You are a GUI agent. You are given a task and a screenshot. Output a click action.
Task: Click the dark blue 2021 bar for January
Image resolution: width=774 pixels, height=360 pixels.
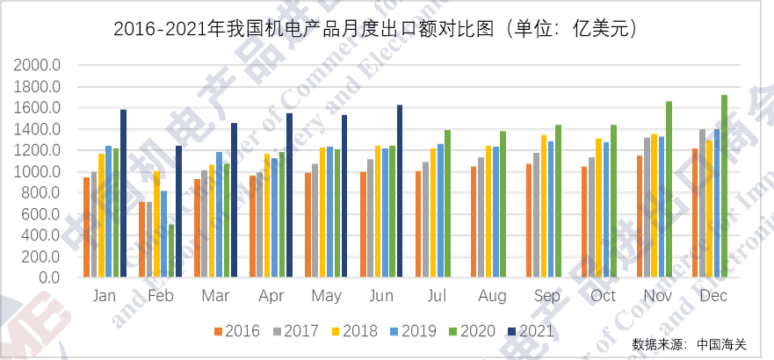pyautogui.click(x=123, y=193)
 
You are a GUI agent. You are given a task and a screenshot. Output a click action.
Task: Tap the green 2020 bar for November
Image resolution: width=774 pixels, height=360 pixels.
pyautogui.click(x=669, y=189)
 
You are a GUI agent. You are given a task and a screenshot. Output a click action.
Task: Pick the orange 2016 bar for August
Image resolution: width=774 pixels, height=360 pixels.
pyautogui.click(x=473, y=221)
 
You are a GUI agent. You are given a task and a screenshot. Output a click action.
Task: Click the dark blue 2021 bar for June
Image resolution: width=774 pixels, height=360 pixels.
pyautogui.click(x=400, y=191)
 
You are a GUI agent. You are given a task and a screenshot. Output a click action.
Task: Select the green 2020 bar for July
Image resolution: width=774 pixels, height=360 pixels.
pyautogui.click(x=447, y=204)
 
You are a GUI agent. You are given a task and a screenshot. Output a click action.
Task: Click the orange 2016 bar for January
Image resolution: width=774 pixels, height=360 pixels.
pyautogui.click(x=86, y=227)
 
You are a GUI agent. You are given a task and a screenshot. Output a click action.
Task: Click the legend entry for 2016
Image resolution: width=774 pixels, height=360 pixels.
pyautogui.click(x=236, y=331)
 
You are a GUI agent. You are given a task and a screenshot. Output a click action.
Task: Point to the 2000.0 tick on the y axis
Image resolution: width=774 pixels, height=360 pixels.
pyautogui.click(x=37, y=66)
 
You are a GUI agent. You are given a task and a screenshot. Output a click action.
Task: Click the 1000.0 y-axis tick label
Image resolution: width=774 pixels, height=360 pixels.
pyautogui.click(x=37, y=172)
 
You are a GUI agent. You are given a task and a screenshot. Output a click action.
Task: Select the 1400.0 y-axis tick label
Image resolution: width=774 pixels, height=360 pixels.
pyautogui.click(x=37, y=130)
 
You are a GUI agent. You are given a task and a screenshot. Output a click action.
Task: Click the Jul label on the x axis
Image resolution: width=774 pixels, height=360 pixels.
pyautogui.click(x=438, y=297)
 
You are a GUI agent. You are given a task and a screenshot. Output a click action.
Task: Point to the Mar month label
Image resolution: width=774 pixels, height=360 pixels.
pyautogui.click(x=216, y=297)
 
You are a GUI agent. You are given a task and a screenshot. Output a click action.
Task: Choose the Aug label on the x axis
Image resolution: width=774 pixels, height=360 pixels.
pyautogui.click(x=492, y=297)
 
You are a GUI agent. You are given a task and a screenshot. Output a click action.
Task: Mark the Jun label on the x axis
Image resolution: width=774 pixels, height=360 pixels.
pyautogui.click(x=382, y=297)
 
